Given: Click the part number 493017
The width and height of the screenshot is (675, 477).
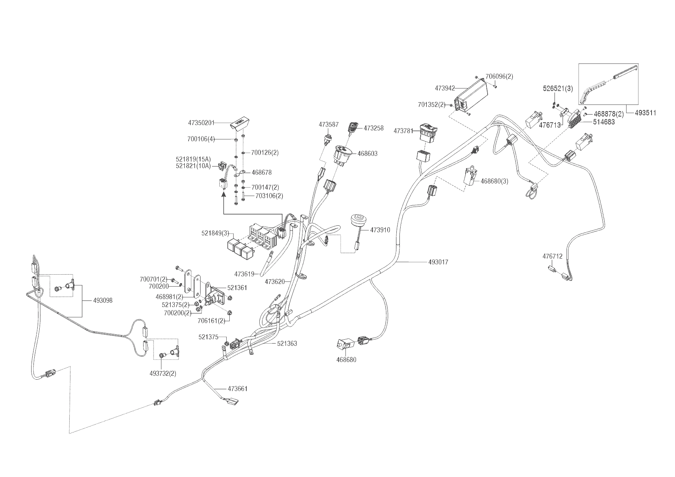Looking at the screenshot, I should pyautogui.click(x=438, y=262).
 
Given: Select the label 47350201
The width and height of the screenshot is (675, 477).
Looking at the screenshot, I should pyautogui.click(x=201, y=123).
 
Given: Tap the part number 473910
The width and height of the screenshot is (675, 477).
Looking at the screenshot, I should pyautogui.click(x=380, y=230).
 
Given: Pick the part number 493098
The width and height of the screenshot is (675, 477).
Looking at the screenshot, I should pyautogui.click(x=103, y=300).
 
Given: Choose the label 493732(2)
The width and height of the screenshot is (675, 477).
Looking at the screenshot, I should pyautogui.click(x=163, y=373).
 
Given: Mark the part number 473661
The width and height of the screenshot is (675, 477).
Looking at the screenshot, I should pyautogui.click(x=237, y=389).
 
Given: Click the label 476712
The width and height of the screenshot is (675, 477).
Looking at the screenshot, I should pyautogui.click(x=552, y=256).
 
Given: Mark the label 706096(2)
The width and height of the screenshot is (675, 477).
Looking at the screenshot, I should pyautogui.click(x=499, y=77).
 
